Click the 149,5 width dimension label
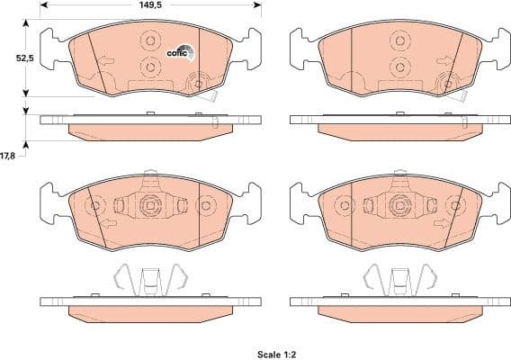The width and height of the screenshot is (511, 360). (151, 6)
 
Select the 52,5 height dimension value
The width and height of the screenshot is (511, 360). (12, 58)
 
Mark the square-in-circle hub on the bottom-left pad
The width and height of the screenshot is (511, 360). (150, 206)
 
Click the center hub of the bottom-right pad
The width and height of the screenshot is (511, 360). (397, 206)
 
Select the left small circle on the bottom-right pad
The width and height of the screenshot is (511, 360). (344, 207)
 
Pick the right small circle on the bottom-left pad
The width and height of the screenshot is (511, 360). (205, 207)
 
